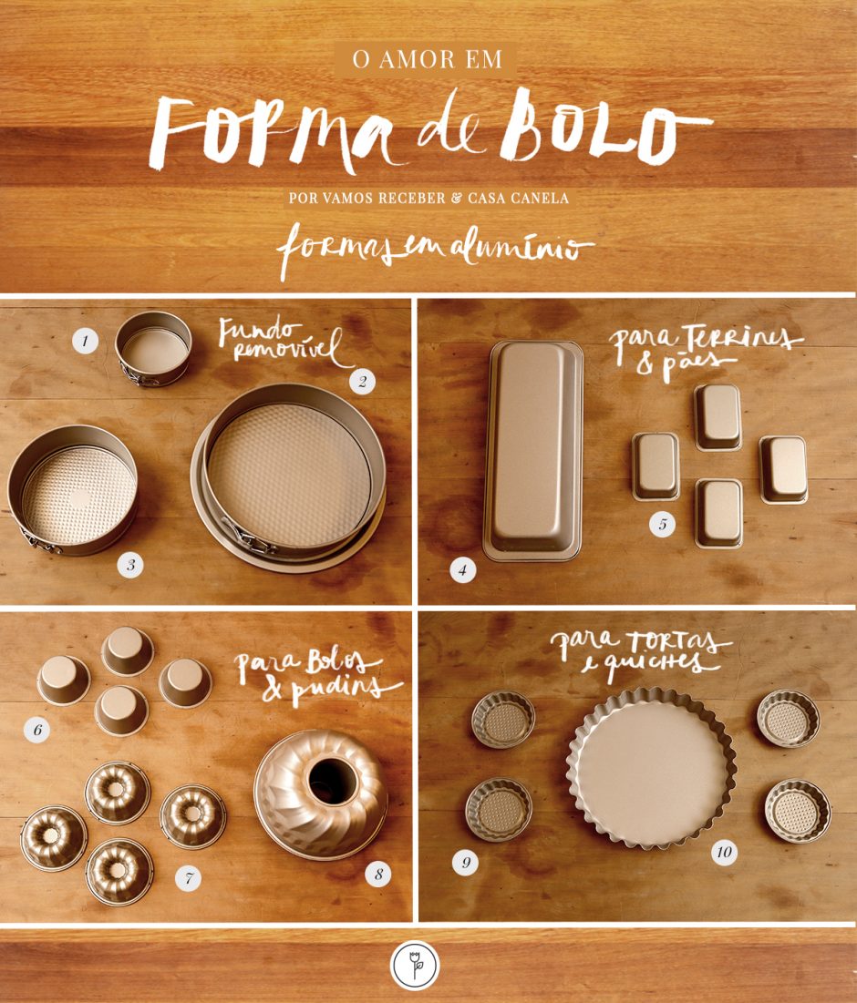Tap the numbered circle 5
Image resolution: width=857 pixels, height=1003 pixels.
tap(663, 525)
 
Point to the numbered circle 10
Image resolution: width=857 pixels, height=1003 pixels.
tap(724, 853)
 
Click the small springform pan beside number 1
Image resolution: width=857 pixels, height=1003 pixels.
tap(153, 347)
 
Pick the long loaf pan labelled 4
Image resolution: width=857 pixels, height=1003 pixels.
tap(533, 450)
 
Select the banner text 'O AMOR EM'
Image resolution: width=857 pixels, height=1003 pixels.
tap(425, 60)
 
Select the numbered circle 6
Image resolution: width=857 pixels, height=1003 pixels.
tap(38, 729)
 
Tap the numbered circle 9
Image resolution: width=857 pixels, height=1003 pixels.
tap(465, 862)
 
